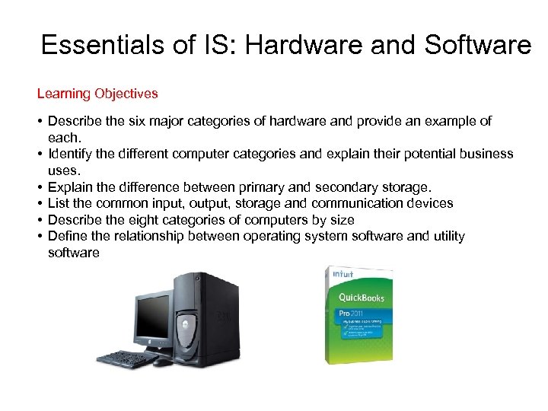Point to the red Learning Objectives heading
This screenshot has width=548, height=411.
click(97, 94)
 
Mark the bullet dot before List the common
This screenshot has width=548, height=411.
click(39, 203)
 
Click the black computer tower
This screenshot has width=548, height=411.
click(205, 312)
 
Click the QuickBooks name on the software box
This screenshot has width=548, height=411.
click(362, 298)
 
